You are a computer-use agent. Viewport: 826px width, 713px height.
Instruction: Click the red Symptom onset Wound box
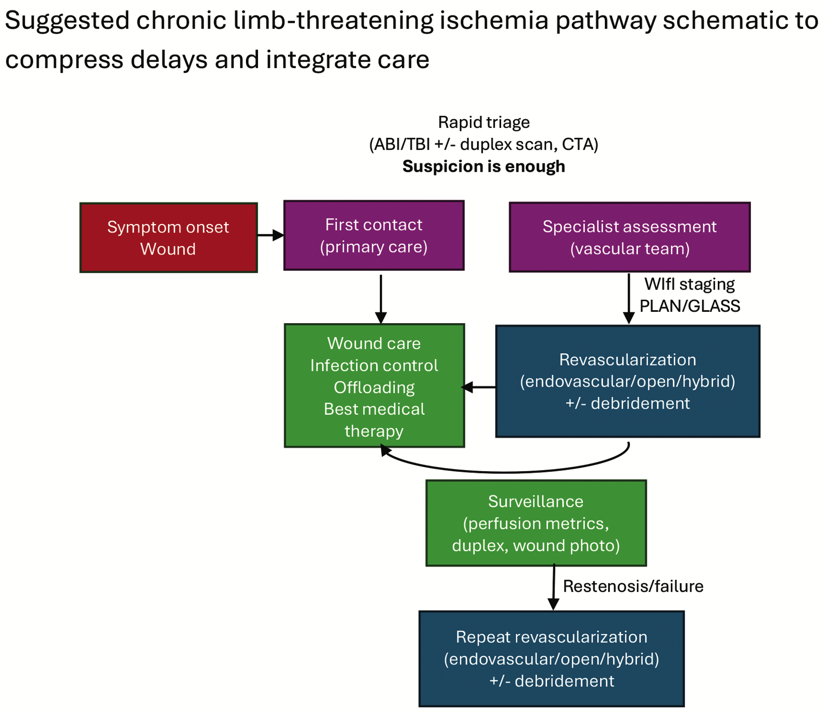pyautogui.click(x=168, y=238)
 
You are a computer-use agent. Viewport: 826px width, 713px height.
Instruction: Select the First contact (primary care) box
pyautogui.click(x=374, y=235)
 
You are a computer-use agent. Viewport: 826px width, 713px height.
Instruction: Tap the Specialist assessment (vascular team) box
pyautogui.click(x=630, y=237)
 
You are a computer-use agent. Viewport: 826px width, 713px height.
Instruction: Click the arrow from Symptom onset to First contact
pyautogui.click(x=270, y=235)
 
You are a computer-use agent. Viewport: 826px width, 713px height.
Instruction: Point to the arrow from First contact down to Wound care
pyautogui.click(x=381, y=299)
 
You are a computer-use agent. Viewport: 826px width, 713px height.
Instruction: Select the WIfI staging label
pyautogui.click(x=689, y=284)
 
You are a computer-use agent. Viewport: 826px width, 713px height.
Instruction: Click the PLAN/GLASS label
pyautogui.click(x=689, y=306)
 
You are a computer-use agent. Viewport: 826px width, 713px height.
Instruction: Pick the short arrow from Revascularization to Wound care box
pyautogui.click(x=479, y=387)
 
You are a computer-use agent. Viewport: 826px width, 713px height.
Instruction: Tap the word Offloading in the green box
pyautogui.click(x=374, y=387)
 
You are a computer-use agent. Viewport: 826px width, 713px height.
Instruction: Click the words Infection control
pyautogui.click(x=374, y=365)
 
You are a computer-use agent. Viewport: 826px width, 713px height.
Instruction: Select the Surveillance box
pyautogui.click(x=536, y=523)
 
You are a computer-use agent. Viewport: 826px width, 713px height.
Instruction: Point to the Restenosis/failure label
pyautogui.click(x=633, y=586)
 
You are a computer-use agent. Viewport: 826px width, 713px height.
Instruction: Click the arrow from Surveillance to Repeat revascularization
pyautogui.click(x=553, y=587)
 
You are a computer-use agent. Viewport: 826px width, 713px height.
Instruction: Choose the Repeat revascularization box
pyautogui.click(x=551, y=658)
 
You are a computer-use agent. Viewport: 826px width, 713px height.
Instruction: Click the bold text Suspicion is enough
pyautogui.click(x=483, y=166)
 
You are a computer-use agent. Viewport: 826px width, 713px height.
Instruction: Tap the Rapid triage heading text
pyautogui.click(x=483, y=122)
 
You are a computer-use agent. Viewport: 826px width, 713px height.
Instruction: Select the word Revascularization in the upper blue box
pyautogui.click(x=627, y=360)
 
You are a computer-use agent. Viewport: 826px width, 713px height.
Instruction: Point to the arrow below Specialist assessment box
pyautogui.click(x=629, y=299)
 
